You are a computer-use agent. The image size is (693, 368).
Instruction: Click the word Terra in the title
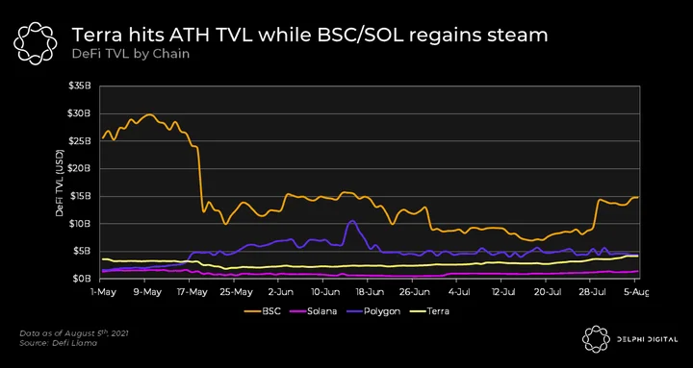[x=97, y=36]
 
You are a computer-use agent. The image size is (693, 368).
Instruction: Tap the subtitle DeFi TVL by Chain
[x=131, y=54]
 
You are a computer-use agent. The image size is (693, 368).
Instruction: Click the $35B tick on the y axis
[x=80, y=86]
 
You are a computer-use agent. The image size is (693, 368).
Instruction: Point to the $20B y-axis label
[x=80, y=168]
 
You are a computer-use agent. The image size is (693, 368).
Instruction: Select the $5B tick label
[x=82, y=251]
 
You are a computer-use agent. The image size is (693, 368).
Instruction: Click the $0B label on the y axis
[x=82, y=279]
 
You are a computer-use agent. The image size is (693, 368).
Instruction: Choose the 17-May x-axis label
[x=191, y=292]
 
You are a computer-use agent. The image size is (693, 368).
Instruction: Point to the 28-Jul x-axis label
[x=591, y=292]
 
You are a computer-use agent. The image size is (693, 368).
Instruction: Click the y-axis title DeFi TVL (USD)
[x=60, y=183]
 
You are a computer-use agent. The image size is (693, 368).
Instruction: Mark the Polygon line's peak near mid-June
[x=352, y=221]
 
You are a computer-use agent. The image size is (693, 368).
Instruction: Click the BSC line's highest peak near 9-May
[x=149, y=114]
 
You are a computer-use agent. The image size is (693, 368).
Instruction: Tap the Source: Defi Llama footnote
[x=58, y=343]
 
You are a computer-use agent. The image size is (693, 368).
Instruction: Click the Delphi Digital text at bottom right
[x=647, y=339]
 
